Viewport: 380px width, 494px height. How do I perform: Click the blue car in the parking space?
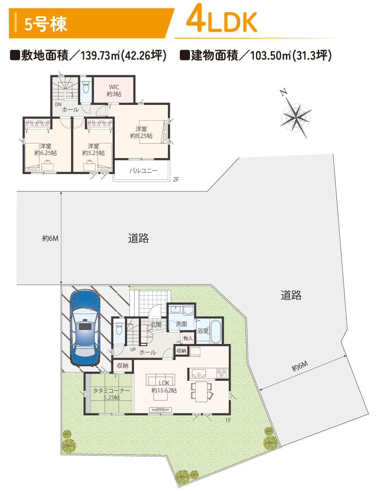point(85,328)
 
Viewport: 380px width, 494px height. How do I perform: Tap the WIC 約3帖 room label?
point(114,90)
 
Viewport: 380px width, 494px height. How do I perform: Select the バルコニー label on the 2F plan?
point(143,171)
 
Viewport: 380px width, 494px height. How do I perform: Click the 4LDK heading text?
point(222,19)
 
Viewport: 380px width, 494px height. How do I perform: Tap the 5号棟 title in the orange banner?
point(46,24)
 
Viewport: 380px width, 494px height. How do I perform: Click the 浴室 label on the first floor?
point(203,331)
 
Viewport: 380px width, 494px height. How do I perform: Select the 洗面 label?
point(181,324)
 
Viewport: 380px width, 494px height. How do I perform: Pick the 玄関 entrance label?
point(156,325)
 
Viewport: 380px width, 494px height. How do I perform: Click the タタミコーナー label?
point(111,391)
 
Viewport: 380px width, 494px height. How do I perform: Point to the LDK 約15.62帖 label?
point(164,387)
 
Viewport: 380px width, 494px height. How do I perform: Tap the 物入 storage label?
point(188,338)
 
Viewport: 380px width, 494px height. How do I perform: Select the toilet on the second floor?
point(86,87)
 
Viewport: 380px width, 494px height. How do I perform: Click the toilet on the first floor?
point(119,328)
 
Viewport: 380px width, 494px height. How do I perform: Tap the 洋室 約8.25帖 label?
point(141,132)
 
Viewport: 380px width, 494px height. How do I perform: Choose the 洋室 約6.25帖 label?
point(46,149)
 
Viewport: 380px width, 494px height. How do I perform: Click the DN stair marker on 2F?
point(58,104)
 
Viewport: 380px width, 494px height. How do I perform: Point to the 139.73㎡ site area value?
point(100,55)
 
